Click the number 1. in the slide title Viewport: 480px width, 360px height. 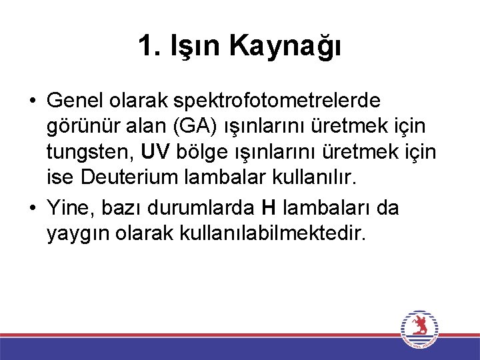[150, 46]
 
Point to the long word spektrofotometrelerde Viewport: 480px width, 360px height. [277, 101]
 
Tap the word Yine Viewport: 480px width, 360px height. [71, 209]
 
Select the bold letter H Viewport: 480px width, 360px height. [268, 209]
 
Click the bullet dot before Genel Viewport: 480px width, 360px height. [32, 102]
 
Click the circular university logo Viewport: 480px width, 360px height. [419, 328]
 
